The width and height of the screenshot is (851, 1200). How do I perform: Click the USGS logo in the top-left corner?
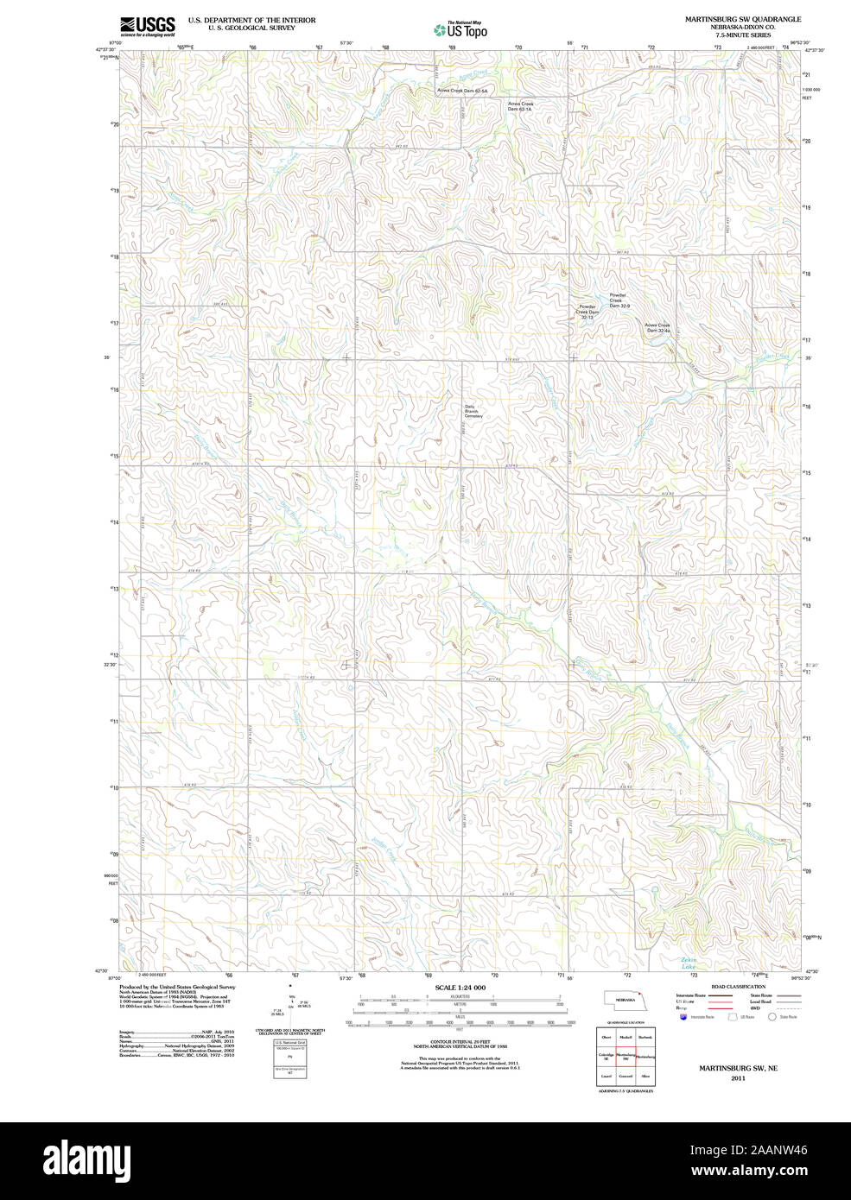(147, 27)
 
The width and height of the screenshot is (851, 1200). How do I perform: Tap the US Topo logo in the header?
(460, 29)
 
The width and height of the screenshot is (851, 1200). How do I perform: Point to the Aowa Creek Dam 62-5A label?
(462, 91)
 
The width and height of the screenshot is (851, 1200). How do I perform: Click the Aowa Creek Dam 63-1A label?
(520, 106)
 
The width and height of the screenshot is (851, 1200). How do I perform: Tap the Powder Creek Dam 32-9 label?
(619, 300)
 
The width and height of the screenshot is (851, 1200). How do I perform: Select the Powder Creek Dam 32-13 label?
(587, 312)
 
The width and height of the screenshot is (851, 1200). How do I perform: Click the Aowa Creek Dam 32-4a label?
(657, 328)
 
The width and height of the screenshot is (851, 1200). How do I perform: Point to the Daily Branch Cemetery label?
(473, 412)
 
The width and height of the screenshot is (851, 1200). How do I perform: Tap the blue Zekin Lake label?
(689, 963)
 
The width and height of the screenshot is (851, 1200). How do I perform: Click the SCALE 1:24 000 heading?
(460, 988)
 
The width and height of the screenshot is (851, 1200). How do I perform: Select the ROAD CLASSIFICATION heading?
(737, 987)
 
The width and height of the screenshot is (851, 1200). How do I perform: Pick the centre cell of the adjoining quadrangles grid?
(626, 1056)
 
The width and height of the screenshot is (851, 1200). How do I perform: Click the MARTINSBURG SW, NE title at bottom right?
(738, 1068)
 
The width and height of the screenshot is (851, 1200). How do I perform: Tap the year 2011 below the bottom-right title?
(738, 1078)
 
